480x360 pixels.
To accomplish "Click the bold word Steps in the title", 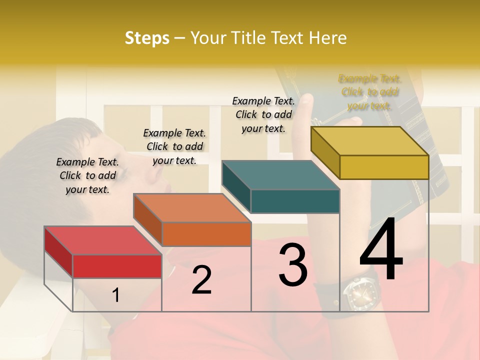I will (147, 38).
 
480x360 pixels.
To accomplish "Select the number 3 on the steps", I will (293, 265).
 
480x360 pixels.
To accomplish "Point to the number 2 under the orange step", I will (201, 280).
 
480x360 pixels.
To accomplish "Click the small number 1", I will (115, 295).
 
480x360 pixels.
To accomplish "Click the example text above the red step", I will (87, 175).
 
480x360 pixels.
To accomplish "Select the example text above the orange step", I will (174, 146).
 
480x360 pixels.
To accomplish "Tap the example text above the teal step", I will (263, 114).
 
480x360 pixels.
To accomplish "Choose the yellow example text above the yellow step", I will (369, 92).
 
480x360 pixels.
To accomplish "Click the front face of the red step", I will (117, 266).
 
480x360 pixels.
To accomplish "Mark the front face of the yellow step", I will (384, 167).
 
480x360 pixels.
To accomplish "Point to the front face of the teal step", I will (295, 201).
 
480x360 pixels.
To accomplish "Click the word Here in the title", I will (328, 38).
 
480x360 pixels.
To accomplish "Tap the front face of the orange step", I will (206, 234).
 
